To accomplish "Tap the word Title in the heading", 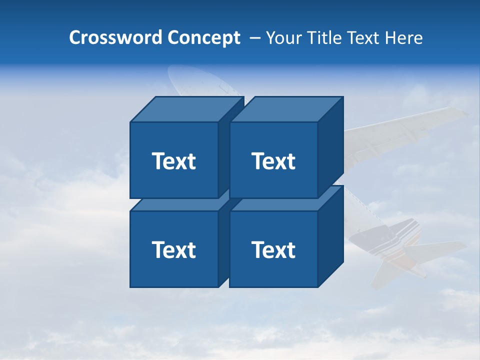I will [x=325, y=38].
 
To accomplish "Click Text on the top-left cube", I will [x=173, y=161].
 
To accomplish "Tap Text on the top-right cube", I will [x=273, y=161].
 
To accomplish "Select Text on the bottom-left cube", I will [x=173, y=249].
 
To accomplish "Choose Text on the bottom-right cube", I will [x=273, y=249].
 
